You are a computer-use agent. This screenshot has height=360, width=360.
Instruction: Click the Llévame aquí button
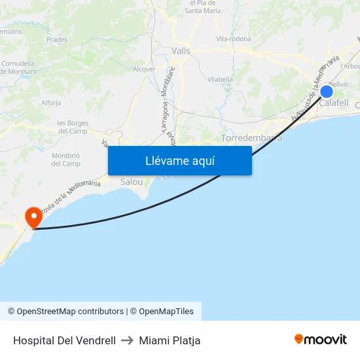click(x=179, y=160)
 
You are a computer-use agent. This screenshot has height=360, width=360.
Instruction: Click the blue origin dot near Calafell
click(x=327, y=92)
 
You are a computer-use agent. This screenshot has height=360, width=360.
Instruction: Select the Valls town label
click(x=181, y=50)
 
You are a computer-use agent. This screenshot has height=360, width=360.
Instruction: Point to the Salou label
click(x=132, y=181)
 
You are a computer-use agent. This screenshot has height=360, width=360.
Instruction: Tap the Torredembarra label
click(x=251, y=138)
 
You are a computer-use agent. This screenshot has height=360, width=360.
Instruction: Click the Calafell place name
click(x=333, y=103)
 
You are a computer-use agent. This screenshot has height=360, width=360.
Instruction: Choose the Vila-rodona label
click(x=234, y=39)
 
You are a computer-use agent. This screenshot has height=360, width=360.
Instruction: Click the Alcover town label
click(x=144, y=69)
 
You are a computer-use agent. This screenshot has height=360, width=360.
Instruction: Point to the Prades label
click(x=57, y=39)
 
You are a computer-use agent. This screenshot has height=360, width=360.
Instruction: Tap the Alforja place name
click(x=51, y=103)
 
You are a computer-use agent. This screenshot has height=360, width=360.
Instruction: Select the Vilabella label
click(x=220, y=79)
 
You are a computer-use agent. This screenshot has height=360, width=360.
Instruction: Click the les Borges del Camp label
click(x=72, y=127)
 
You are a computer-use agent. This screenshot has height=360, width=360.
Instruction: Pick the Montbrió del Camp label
click(x=65, y=159)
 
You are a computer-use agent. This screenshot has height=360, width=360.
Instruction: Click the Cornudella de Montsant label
click(x=18, y=67)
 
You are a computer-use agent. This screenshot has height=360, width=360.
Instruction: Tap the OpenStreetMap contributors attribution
click(x=65, y=312)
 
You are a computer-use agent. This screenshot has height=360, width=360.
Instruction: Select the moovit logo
click(x=321, y=340)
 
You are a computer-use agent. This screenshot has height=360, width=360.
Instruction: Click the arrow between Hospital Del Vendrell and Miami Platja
click(x=127, y=340)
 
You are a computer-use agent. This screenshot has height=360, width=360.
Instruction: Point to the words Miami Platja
click(x=170, y=340)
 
